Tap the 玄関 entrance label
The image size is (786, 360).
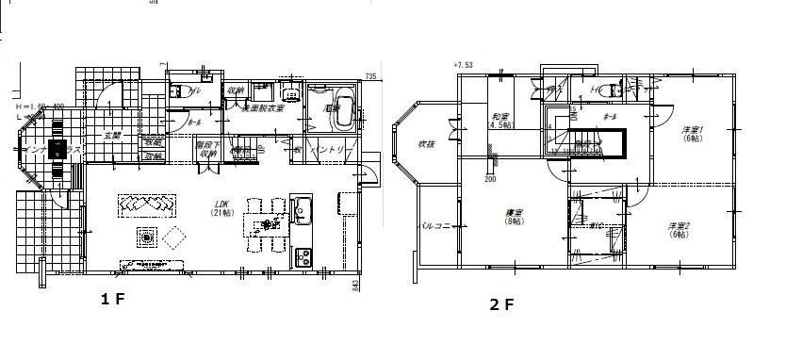pyautogui.click(x=112, y=135)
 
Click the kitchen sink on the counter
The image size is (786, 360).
pyautogui.click(x=302, y=209)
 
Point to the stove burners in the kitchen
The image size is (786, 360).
pyautogui.click(x=303, y=254)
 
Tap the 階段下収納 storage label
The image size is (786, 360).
pyautogui.click(x=206, y=150)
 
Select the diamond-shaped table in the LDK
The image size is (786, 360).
pyautogui.click(x=173, y=238)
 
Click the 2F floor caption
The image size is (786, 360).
pyautogui.click(x=501, y=304)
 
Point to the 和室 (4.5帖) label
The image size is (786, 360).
pyautogui.click(x=499, y=121)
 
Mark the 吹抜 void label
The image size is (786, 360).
pyautogui.click(x=427, y=144)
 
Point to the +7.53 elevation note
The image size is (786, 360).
pyautogui.click(x=462, y=65)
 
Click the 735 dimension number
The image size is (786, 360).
pyautogui.click(x=370, y=75)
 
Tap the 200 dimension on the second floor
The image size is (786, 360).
pyautogui.click(x=490, y=177)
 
